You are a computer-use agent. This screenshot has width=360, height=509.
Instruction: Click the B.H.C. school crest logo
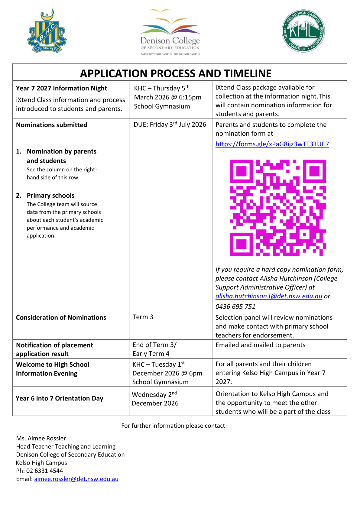(47, 31)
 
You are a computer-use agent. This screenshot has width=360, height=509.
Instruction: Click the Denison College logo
(170, 32)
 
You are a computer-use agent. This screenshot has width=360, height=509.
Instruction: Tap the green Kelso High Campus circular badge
(303, 31)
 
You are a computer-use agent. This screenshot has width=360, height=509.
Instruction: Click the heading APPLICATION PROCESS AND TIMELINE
(176, 73)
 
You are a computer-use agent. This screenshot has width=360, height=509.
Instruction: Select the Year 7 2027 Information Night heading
(61, 88)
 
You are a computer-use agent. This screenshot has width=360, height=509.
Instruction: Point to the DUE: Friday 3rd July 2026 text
(170, 125)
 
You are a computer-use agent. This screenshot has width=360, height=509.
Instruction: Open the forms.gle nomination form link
(272, 144)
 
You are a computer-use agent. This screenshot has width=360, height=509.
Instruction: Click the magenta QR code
(278, 208)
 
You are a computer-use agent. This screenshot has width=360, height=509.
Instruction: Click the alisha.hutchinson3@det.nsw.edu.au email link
(269, 296)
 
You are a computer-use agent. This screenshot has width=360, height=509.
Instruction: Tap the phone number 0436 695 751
(235, 306)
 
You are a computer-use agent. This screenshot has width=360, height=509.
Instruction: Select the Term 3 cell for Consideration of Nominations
(143, 317)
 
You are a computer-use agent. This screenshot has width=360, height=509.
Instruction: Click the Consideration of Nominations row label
(61, 318)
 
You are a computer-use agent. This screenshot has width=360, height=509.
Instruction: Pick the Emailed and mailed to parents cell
(260, 345)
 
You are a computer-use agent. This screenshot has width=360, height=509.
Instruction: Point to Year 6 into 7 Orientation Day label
(60, 398)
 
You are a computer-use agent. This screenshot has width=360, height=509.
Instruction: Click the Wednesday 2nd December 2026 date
(155, 399)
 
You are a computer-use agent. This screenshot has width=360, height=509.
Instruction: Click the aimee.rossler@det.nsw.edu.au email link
(76, 479)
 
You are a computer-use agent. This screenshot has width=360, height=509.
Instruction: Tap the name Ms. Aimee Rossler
(41, 438)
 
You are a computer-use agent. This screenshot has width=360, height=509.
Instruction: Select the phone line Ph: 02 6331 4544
(40, 471)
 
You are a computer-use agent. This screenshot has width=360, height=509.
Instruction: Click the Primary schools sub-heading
(50, 196)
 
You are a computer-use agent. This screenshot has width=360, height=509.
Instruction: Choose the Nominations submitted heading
(51, 125)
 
